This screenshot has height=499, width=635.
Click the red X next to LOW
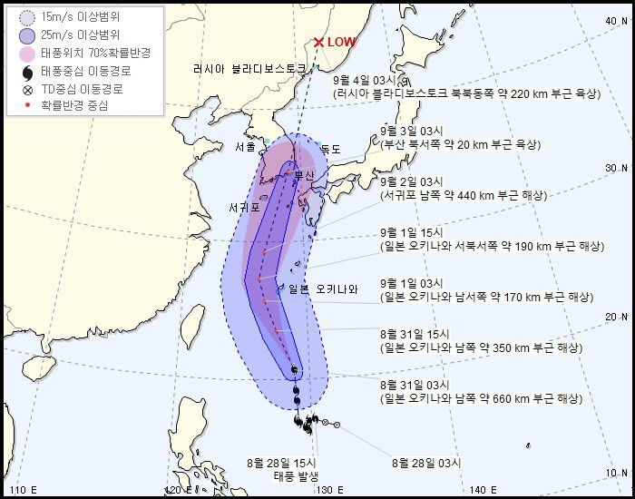click(x=318, y=42)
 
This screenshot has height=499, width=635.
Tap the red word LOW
click(x=342, y=42)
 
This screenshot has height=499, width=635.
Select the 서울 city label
click(x=245, y=147)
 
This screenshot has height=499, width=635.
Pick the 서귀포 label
click(x=244, y=208)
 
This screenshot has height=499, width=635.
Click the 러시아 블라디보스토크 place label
click(x=251, y=69)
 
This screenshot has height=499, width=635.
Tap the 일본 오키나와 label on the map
click(x=323, y=289)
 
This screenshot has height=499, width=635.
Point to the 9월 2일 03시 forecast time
click(x=406, y=181)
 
